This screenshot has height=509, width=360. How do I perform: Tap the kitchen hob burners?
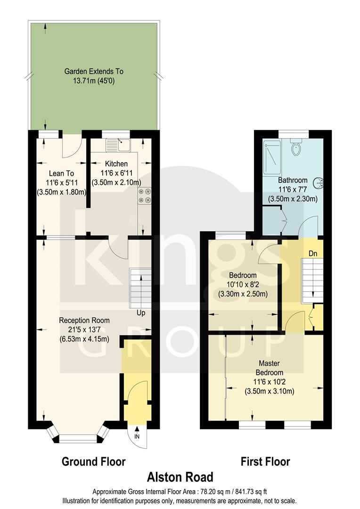(x=144, y=196)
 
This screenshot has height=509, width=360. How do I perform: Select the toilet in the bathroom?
(x=296, y=148)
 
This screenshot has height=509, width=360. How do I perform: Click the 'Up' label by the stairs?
(x=141, y=313)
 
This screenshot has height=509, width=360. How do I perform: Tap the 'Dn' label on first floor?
(x=312, y=254)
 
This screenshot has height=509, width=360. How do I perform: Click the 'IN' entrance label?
(x=137, y=436)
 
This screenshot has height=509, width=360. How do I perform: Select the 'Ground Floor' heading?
(x=94, y=461)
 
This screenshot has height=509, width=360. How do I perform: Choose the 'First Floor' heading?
(x=265, y=461)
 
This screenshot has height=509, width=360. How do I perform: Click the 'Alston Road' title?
(x=181, y=477)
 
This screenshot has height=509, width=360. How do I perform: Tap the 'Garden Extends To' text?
(x=94, y=72)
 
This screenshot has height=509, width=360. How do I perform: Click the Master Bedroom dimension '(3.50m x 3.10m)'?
(x=270, y=391)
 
